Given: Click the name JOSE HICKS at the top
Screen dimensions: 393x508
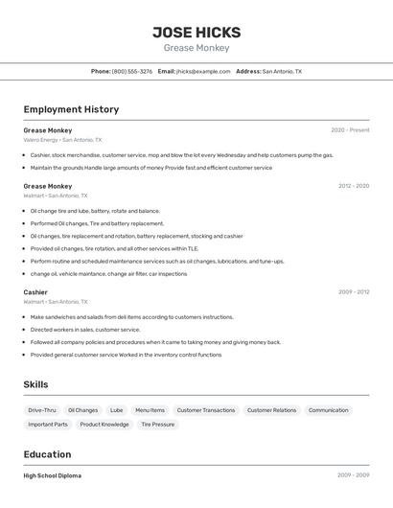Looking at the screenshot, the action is tap(196, 33).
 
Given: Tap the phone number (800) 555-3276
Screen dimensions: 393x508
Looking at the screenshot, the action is tap(131, 71).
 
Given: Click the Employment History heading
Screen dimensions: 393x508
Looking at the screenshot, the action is tap(71, 109).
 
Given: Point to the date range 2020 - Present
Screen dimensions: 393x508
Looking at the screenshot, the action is tap(350, 130).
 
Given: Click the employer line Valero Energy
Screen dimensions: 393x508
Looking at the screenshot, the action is tap(41, 140).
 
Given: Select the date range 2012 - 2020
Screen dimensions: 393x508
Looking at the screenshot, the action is tap(354, 186).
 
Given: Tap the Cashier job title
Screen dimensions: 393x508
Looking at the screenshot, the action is tap(35, 291).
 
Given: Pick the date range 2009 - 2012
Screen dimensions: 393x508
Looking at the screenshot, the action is tap(354, 291).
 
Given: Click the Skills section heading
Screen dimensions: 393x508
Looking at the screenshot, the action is tap(36, 384).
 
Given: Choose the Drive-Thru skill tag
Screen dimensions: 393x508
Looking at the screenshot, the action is tap(42, 410).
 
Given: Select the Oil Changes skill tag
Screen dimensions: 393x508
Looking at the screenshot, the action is tap(82, 410).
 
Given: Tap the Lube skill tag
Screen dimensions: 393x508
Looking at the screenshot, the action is tap(116, 410).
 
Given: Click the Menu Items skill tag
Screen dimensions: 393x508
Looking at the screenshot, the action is tap(150, 410).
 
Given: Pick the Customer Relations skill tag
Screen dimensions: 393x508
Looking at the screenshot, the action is tap(271, 410).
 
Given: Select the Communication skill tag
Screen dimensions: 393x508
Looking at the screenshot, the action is tap(328, 410).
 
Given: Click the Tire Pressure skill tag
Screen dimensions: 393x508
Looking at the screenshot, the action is tap(157, 424).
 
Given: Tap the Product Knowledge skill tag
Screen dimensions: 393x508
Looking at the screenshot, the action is tap(104, 424).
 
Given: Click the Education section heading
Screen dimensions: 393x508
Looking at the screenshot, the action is tap(47, 454).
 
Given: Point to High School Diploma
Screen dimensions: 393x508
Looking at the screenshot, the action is tap(53, 475).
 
